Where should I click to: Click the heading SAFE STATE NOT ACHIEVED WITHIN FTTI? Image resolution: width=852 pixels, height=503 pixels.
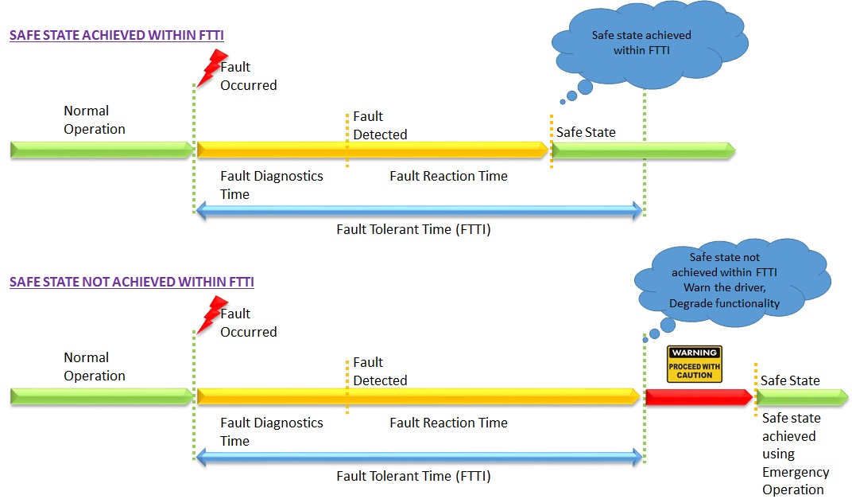[132, 283]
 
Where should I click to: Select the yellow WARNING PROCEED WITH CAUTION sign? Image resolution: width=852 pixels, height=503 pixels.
[694, 364]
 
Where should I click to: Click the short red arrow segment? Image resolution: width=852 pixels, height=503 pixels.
[697, 396]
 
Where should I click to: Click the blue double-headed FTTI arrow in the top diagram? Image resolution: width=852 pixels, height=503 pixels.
[418, 211]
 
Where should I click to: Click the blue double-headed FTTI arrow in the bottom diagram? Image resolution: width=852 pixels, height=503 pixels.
[418, 457]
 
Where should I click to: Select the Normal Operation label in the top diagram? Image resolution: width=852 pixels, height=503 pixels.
[95, 120]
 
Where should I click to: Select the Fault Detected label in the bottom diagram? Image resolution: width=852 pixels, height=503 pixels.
[380, 372]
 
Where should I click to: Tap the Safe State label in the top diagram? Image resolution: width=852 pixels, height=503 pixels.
[586, 132]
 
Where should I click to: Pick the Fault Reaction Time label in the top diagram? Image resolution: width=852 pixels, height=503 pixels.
[448, 176]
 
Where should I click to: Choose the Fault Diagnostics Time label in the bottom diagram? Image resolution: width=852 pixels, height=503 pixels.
[271, 431]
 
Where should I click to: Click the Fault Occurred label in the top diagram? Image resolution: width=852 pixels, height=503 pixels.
[248, 76]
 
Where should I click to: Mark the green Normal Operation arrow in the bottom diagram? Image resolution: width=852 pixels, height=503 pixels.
[101, 396]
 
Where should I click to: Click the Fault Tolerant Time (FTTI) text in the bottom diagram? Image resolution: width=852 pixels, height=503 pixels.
[413, 477]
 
